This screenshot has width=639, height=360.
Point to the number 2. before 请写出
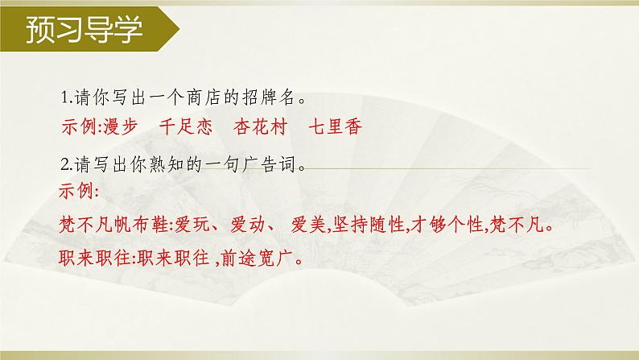coord(66,165)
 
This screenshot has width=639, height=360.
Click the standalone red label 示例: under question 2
coord(79,192)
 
